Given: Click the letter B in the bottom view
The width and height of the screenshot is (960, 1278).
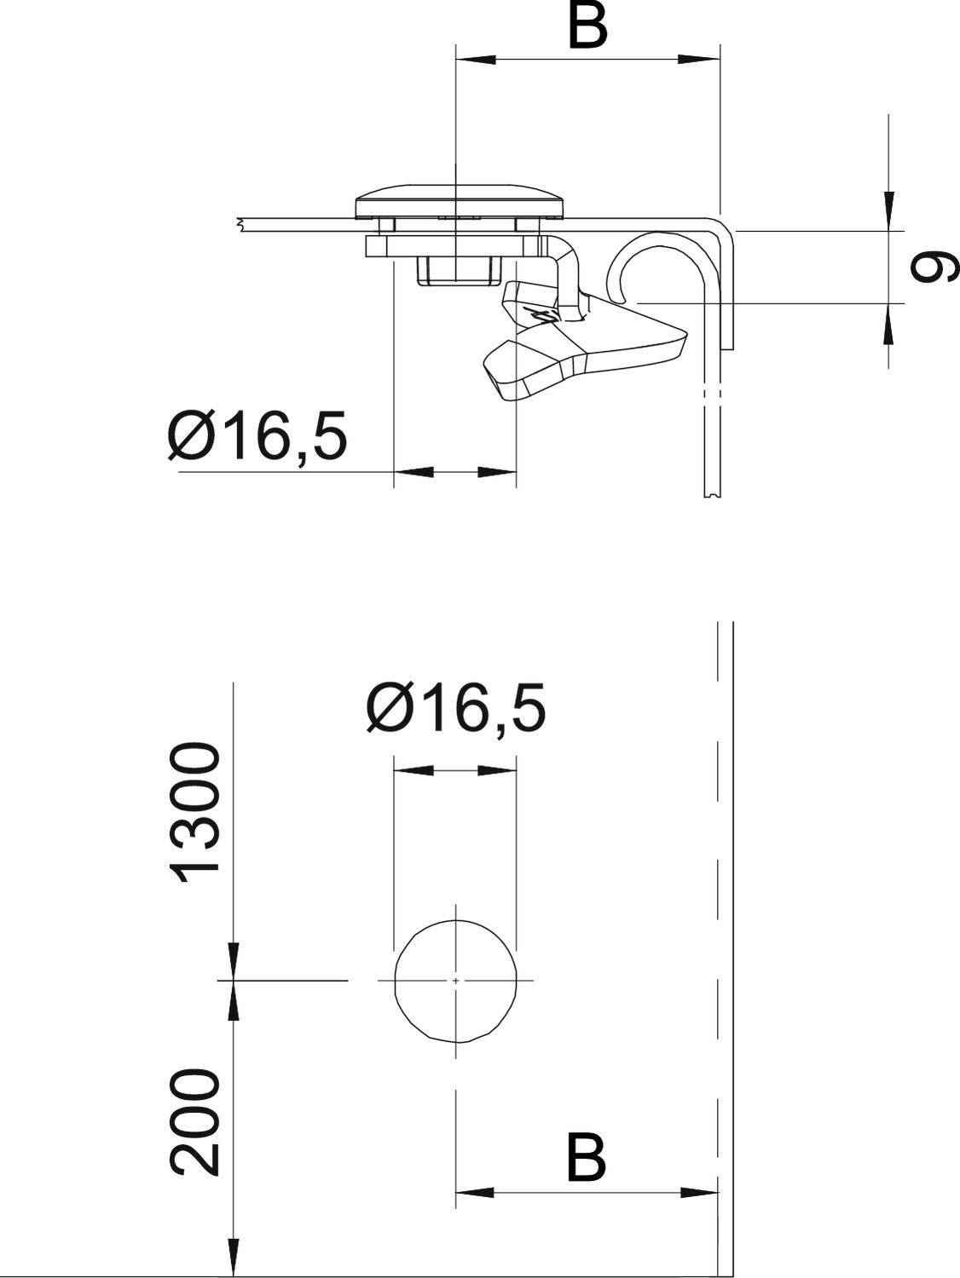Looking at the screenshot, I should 587,1157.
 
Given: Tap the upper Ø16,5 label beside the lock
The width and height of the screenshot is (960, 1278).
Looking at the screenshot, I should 258,436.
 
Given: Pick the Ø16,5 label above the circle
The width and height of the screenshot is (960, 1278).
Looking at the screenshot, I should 455,709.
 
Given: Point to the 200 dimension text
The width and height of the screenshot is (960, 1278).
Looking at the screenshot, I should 196,1123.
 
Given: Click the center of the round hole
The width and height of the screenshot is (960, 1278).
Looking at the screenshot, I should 456,981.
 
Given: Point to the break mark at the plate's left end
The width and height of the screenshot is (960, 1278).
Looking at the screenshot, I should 241,225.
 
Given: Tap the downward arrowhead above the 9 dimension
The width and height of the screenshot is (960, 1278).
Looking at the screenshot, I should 888,204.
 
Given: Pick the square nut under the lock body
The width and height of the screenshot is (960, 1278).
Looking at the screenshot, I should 457,271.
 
